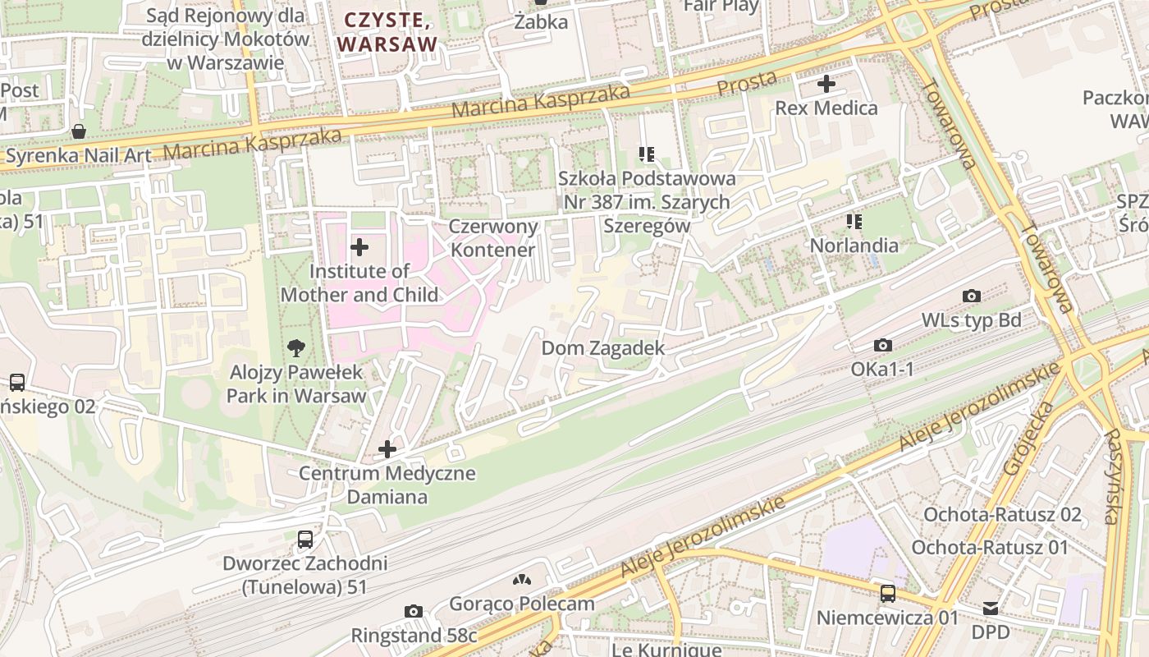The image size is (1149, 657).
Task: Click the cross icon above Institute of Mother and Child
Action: click(359, 246)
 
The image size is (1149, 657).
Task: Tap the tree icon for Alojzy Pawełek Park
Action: click(296, 348)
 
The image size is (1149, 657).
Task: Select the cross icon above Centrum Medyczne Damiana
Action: click(387, 449)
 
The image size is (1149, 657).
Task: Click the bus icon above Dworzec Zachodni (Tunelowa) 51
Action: click(305, 540)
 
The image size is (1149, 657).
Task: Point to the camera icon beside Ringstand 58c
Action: click(414, 611)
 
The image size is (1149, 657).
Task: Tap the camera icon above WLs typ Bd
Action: click(972, 296)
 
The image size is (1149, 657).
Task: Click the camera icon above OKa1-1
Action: click(883, 345)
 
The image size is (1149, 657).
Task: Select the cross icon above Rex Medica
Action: click(826, 84)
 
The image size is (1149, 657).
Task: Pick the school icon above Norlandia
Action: click(854, 221)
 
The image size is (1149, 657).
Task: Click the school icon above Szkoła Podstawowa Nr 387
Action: click(647, 154)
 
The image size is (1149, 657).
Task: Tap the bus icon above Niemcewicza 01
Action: click(887, 593)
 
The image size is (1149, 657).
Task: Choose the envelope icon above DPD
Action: click(991, 609)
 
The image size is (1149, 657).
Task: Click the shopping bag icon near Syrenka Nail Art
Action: click(79, 131)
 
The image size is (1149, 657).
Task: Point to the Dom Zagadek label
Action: click(602, 348)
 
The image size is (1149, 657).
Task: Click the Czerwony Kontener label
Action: click(493, 238)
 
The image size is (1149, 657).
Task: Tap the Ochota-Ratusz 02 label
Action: click(1002, 515)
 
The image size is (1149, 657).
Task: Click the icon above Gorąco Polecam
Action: click(520, 580)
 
